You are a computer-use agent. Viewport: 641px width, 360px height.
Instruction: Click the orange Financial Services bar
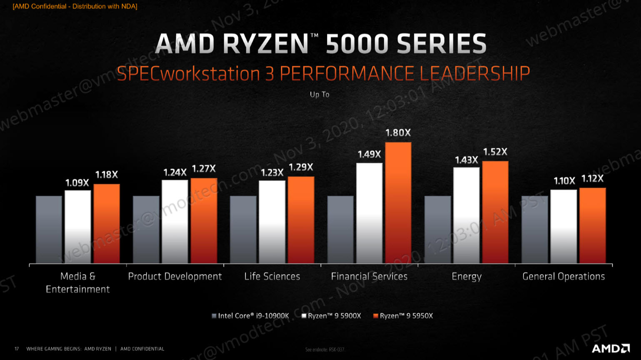click(x=398, y=203)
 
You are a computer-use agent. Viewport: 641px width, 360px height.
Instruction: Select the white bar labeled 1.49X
click(x=369, y=213)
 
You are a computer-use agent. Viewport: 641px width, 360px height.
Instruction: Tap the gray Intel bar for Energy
click(x=438, y=230)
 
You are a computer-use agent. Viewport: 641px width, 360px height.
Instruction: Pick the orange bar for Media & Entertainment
click(x=107, y=224)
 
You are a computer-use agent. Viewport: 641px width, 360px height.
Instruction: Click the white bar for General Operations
click(x=563, y=226)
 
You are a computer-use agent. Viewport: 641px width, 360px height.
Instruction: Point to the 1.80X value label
click(x=398, y=133)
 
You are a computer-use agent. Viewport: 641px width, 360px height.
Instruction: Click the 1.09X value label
click(x=77, y=183)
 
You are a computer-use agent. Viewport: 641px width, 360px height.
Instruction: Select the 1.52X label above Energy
click(x=495, y=152)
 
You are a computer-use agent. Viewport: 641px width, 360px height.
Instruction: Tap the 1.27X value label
click(x=204, y=169)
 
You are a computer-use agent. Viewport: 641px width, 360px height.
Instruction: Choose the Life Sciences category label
click(x=272, y=276)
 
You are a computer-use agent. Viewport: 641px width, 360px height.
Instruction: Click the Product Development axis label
click(x=175, y=276)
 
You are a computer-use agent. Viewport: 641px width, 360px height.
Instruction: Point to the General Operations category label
click(x=563, y=276)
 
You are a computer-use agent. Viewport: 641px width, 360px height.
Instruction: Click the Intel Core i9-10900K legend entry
click(x=250, y=316)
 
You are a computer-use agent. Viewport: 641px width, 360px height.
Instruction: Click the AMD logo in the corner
click(x=611, y=348)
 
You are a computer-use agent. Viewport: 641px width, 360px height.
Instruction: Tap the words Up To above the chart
click(x=320, y=95)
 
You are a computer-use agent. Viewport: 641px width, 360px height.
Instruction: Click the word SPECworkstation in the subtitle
click(x=188, y=74)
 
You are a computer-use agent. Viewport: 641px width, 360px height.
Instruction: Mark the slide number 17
click(x=17, y=349)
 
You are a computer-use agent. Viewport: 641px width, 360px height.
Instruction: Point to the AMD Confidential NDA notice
click(x=75, y=6)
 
